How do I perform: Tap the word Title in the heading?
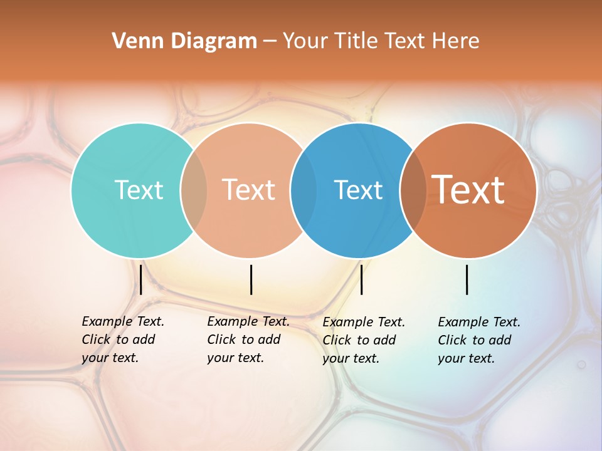[x=355, y=41]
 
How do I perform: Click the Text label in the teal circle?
[x=139, y=190]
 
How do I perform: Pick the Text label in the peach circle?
[x=249, y=190]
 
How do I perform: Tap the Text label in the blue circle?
[x=358, y=190]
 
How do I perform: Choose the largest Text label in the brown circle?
[x=468, y=190]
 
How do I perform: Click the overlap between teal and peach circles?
[x=194, y=190]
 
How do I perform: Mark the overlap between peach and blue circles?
[x=304, y=190]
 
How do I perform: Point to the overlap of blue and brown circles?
[x=413, y=190]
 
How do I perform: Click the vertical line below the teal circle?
[x=141, y=279]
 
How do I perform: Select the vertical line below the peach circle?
[x=251, y=279]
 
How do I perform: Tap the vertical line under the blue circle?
[x=361, y=279]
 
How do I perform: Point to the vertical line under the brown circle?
[x=467, y=279]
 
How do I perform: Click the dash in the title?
[x=270, y=42]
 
